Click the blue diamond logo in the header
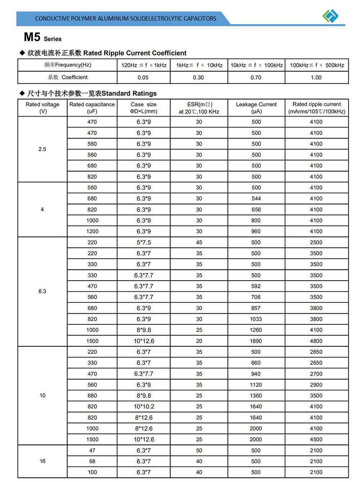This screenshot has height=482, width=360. point(330,16)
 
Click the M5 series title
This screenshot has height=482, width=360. point(42,37)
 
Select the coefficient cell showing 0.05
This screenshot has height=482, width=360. point(143,77)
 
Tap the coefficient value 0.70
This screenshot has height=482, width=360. point(256,77)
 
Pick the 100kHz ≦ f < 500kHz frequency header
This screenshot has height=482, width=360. point(317,65)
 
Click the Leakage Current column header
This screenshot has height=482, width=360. point(256,108)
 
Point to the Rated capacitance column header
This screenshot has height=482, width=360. point(92,108)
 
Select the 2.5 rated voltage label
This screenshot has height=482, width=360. point(42,149)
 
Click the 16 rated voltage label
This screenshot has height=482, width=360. point(42,461)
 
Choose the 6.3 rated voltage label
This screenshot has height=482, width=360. point(42,291)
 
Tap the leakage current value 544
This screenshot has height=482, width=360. point(256,199)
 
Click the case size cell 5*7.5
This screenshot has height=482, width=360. point(144,242)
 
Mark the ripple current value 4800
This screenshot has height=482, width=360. point(316,341)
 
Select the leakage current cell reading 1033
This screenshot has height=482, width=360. point(256,319)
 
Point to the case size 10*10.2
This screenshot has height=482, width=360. point(144,406)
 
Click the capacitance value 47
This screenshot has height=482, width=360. point(92,450)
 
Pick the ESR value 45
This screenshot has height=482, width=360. point(199,242)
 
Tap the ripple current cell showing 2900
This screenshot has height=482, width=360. point(316,385)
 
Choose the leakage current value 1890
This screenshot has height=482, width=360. point(256,341)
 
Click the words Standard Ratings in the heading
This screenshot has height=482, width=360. point(129,94)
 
